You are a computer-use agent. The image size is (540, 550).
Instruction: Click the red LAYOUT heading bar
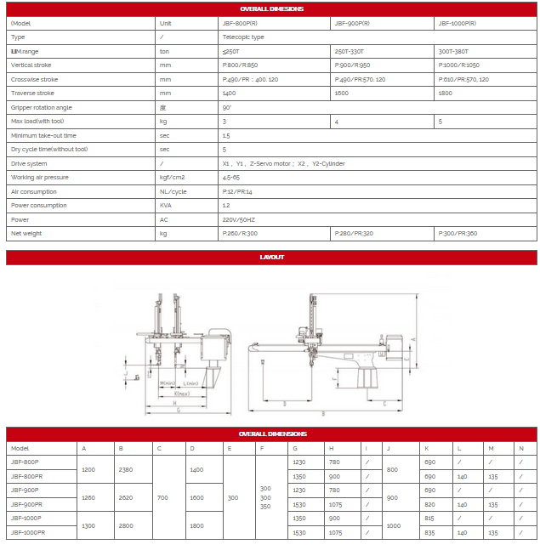pos(271,257)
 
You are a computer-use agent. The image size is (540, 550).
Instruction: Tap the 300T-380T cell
pos(452,51)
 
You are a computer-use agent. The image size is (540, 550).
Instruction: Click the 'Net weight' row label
pos(26,233)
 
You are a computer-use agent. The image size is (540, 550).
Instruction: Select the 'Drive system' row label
pos(29,163)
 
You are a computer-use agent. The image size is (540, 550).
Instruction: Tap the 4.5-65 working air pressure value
pos(231,177)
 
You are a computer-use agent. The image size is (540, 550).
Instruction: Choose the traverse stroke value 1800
pos(445,93)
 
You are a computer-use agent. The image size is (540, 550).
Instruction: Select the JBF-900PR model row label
pos(31,504)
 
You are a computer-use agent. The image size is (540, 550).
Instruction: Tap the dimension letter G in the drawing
pos(178,410)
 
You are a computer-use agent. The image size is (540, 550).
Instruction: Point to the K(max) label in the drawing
pos(181,394)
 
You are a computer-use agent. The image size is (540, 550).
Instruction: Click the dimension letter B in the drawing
pos(322,413)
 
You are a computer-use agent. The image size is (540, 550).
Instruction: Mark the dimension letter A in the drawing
pos(413,338)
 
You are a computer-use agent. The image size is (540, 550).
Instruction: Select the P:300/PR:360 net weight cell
pos(459,233)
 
